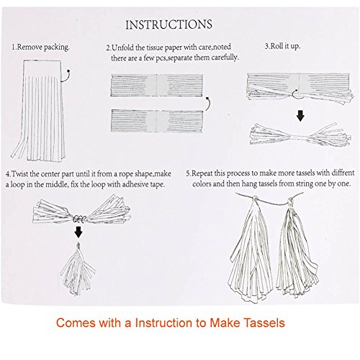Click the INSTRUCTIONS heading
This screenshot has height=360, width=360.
click(x=169, y=24)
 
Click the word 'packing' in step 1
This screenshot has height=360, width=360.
click(x=56, y=48)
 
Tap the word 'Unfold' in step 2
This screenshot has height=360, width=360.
click(x=123, y=48)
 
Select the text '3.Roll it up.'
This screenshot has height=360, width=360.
click(x=282, y=46)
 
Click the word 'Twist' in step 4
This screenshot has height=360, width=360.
click(x=20, y=174)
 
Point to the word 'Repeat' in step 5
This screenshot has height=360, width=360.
click(x=202, y=173)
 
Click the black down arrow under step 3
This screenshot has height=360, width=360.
click(x=300, y=116)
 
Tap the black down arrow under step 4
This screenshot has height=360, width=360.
click(x=78, y=232)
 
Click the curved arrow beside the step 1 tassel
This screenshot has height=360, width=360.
click(x=66, y=76)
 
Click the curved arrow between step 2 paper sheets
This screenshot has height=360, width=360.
click(x=208, y=104)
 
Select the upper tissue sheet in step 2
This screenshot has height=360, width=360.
click(x=157, y=85)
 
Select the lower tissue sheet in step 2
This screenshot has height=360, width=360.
click(x=157, y=121)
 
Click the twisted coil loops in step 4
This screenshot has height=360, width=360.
click(x=79, y=219)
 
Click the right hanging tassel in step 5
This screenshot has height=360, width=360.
click(x=297, y=247)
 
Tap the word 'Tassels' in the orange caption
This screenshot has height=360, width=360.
click(x=264, y=323)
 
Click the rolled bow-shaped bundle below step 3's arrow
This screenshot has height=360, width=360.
click(x=300, y=135)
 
